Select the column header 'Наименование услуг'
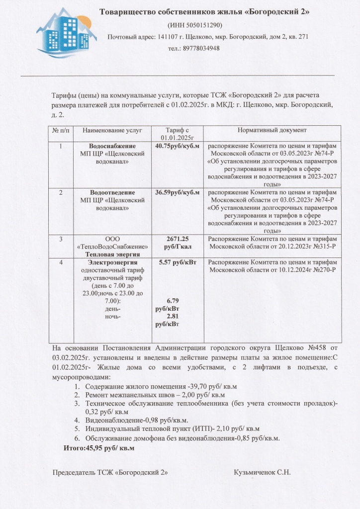coord(112,130)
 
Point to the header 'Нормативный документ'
coord(272,130)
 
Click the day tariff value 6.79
coord(176,301)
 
